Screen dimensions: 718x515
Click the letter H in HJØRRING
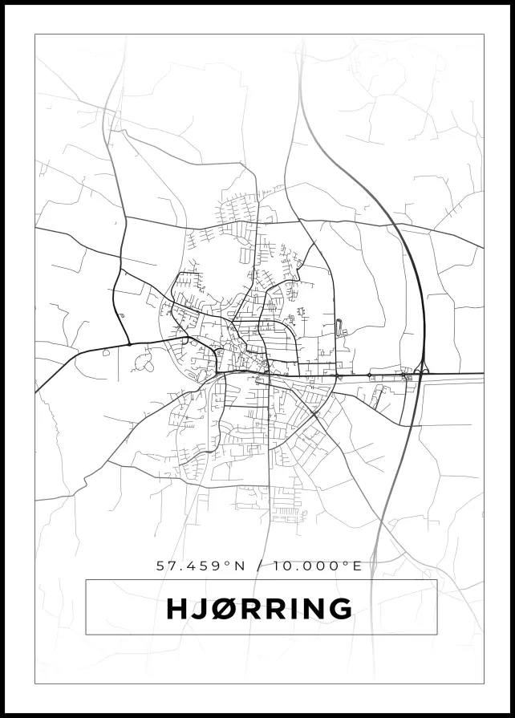coord(176,609)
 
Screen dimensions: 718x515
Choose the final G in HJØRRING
coord(339,609)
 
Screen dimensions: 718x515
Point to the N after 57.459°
coord(238,566)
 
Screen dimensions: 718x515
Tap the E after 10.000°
coord(358,566)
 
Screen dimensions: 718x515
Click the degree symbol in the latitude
coord(228,562)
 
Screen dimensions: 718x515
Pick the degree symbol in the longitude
coord(347,562)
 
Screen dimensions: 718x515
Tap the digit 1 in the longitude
coord(277,566)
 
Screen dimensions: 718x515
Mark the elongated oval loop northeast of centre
coord(338,326)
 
